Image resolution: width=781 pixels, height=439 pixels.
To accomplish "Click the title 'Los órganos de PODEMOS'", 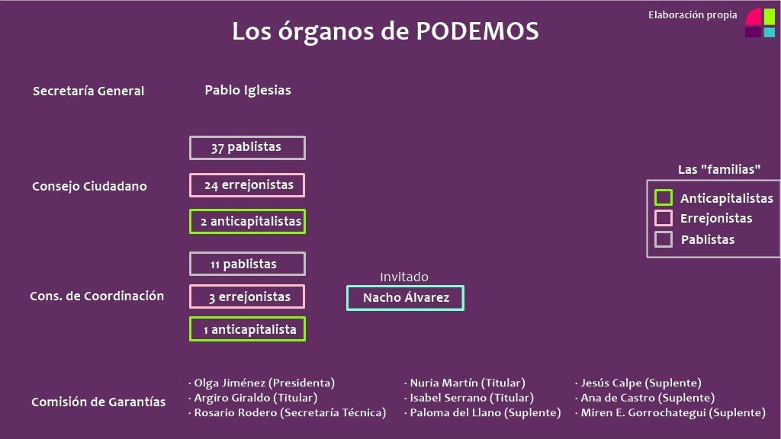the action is (x=385, y=31).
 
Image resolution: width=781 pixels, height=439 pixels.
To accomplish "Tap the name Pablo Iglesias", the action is (x=248, y=90).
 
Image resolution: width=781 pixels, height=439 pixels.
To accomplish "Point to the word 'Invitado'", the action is (x=404, y=277).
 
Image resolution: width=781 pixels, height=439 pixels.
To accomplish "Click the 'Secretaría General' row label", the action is (x=88, y=91).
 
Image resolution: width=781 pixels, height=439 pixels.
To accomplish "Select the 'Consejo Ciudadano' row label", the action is (x=90, y=186).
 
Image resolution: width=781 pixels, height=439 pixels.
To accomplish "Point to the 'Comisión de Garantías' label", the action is (x=98, y=402).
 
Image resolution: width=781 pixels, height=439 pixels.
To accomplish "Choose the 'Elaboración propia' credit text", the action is (x=693, y=15).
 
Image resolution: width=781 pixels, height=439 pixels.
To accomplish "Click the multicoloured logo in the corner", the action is (x=760, y=23).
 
